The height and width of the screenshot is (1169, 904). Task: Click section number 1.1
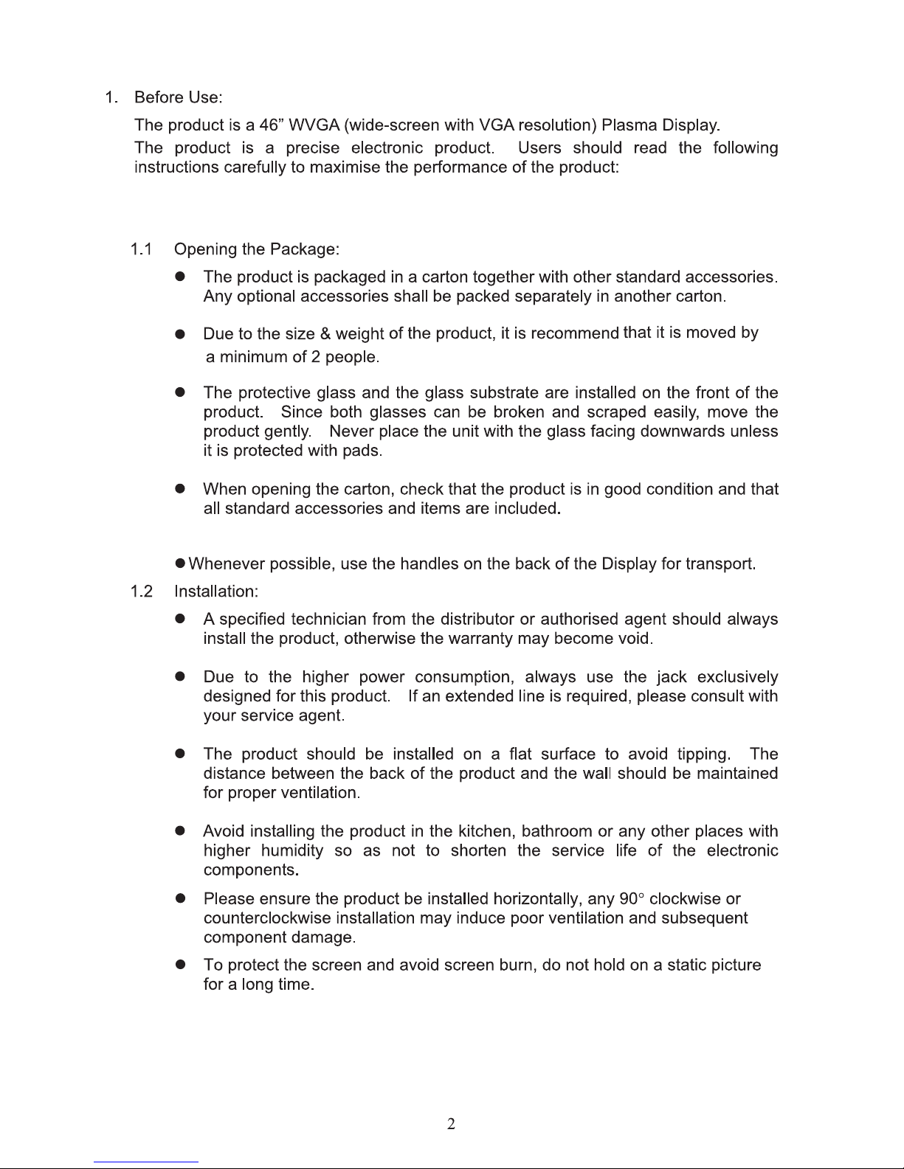141,249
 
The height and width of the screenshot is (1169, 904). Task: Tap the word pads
362,451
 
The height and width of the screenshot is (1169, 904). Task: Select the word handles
429,565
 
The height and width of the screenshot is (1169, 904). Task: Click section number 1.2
141,592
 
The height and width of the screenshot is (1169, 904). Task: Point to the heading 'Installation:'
216,592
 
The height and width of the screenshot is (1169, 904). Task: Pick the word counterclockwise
267,918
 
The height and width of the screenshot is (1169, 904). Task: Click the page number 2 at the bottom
452,1124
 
